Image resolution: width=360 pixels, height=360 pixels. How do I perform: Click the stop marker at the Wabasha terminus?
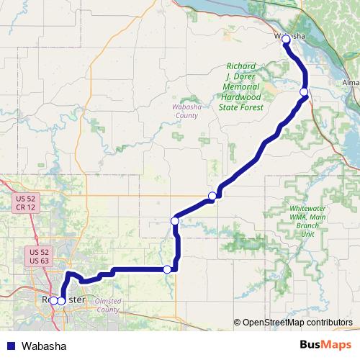(286, 39)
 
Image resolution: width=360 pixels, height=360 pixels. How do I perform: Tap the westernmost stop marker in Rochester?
(53, 300)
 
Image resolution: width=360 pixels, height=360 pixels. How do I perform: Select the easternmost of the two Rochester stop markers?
(61, 300)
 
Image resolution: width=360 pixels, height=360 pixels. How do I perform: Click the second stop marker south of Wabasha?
(212, 196)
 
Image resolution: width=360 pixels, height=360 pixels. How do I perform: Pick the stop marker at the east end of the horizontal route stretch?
(168, 269)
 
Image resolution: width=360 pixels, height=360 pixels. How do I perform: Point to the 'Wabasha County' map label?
(186, 110)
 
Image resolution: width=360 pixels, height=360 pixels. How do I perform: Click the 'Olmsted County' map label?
(107, 305)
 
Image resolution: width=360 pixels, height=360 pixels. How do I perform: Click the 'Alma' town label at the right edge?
(351, 83)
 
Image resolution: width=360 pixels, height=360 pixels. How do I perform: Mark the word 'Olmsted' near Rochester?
(107, 300)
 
